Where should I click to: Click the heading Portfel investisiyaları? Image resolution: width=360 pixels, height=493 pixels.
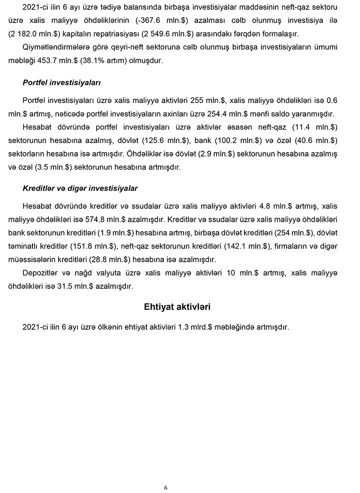click(x=62, y=83)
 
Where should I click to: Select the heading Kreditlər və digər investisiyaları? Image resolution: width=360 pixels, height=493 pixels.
click(x=80, y=188)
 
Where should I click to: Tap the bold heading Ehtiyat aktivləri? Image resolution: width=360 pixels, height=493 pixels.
click(x=177, y=307)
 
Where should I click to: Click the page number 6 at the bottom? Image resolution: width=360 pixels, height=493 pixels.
click(x=166, y=488)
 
